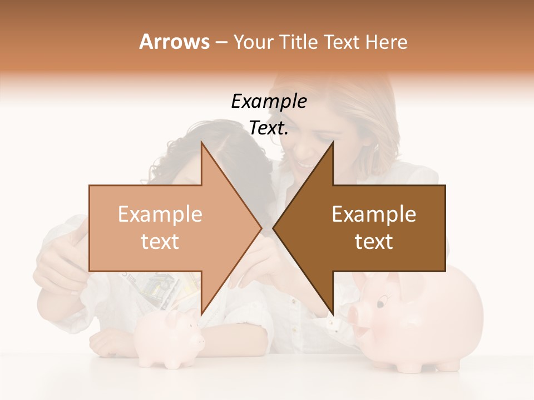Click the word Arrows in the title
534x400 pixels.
[x=174, y=42]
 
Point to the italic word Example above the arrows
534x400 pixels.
[x=269, y=102]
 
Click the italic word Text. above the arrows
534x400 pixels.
[x=269, y=128]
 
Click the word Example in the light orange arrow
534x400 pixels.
[x=160, y=214]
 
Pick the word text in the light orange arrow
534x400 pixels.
[x=160, y=242]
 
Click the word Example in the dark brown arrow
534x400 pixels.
[x=374, y=214]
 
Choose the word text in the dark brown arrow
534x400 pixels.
[x=374, y=242]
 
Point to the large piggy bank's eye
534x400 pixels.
[x=380, y=304]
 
